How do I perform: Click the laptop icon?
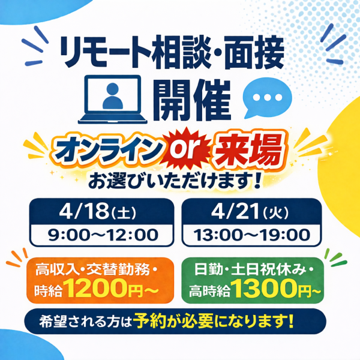coord(113,100)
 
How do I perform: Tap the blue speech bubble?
coord(267,97)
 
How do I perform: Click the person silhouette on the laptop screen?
coord(113,96)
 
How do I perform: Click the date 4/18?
coord(84,211)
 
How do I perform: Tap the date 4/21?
coord(236,211)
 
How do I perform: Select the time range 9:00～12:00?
coord(103,235)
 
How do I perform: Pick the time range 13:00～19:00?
coord(252,235)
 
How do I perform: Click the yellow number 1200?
coord(97,288)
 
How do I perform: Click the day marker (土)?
coord(124,213)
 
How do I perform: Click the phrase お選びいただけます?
coord(175,181)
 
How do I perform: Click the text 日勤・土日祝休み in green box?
coord(250,269)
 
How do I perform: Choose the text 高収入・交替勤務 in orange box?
coord(92,269)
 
